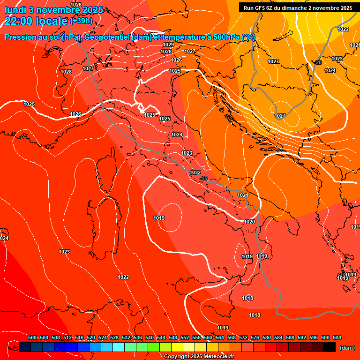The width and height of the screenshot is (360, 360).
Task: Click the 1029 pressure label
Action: point(168,45)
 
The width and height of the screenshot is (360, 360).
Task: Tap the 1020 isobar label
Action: point(249,222)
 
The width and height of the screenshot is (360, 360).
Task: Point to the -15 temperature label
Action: point(204,178)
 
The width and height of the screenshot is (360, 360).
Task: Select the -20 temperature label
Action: point(318,62)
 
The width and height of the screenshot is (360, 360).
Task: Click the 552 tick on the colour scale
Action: point(185,337)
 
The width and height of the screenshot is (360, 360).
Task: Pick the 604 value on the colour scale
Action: point(337,337)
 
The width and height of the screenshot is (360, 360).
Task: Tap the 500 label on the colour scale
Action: point(32,337)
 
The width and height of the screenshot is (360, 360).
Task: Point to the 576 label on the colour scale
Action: point(255,337)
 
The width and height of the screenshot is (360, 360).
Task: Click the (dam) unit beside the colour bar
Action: point(346,347)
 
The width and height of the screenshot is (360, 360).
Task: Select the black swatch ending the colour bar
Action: point(330,347)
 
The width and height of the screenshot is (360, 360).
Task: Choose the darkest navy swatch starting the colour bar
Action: point(25,347)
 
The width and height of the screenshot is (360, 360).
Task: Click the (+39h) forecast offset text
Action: point(81,21)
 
